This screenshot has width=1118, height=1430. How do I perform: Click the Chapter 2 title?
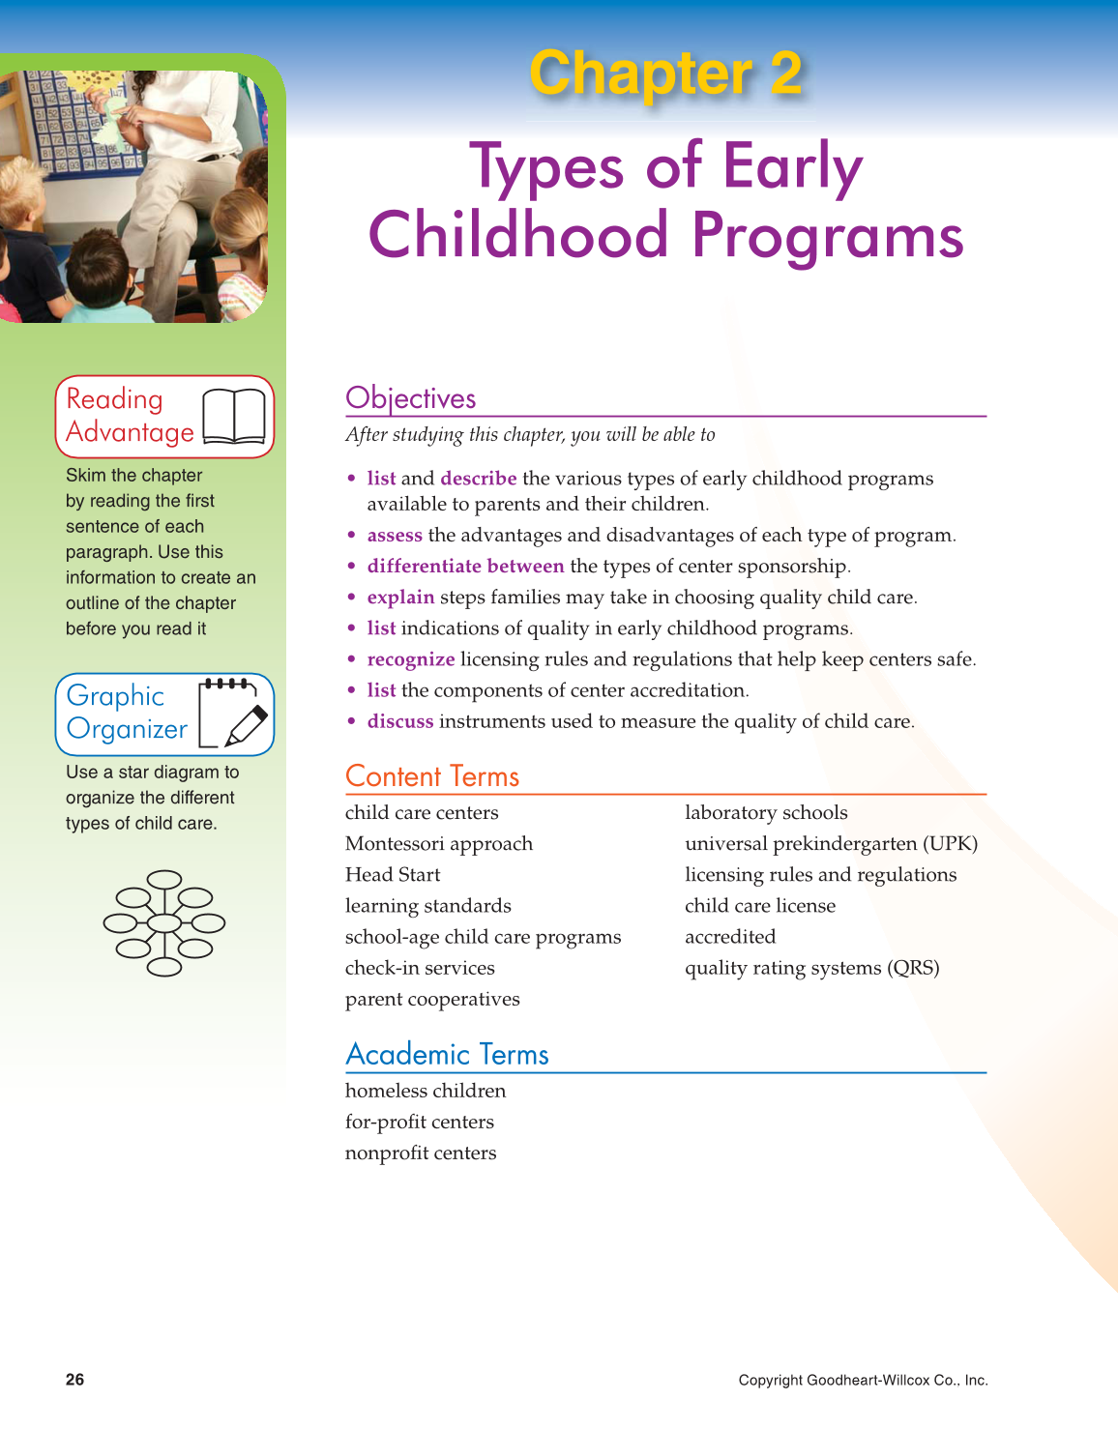point(665,74)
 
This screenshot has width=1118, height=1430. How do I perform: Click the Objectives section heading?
point(411,398)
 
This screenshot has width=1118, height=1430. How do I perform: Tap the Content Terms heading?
point(432,776)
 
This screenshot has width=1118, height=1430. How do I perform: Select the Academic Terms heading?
point(447,1054)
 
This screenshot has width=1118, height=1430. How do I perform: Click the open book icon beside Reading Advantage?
point(234,417)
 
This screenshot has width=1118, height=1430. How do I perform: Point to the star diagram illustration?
point(164,923)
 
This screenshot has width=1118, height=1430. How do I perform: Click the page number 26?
point(75,1380)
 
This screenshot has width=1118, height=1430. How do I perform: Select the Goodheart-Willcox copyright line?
point(863,1381)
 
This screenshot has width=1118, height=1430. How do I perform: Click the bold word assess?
point(395,536)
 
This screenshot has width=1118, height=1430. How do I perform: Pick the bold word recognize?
point(411,659)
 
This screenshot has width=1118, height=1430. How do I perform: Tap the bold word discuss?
point(400,721)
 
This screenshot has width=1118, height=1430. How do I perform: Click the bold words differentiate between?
point(465,567)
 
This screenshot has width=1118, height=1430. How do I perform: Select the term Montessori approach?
point(439,844)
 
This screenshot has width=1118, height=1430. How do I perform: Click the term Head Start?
point(393,875)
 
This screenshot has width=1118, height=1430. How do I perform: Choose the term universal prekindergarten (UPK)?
point(831,844)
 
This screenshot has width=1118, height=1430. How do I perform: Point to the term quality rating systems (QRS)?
point(811,968)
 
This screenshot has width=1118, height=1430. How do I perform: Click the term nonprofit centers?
point(421,1153)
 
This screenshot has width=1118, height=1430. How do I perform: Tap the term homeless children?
point(426,1092)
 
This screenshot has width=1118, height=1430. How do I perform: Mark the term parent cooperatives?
point(432,1000)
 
